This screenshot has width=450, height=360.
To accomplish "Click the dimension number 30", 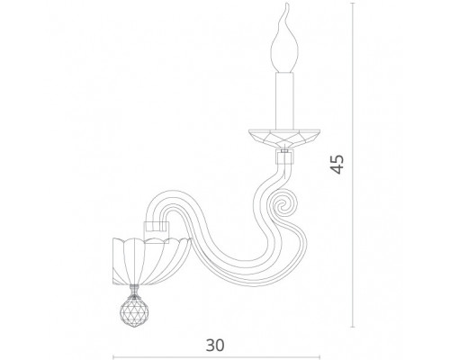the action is point(215,345).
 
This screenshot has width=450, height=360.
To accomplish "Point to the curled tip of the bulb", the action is point(287,6).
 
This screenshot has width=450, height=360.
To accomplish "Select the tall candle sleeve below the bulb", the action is point(284,101).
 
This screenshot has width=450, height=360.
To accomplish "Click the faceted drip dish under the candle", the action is point(284,139).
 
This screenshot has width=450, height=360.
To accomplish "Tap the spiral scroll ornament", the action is point(282,205).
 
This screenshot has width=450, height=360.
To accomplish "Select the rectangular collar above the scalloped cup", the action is point(157,232).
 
